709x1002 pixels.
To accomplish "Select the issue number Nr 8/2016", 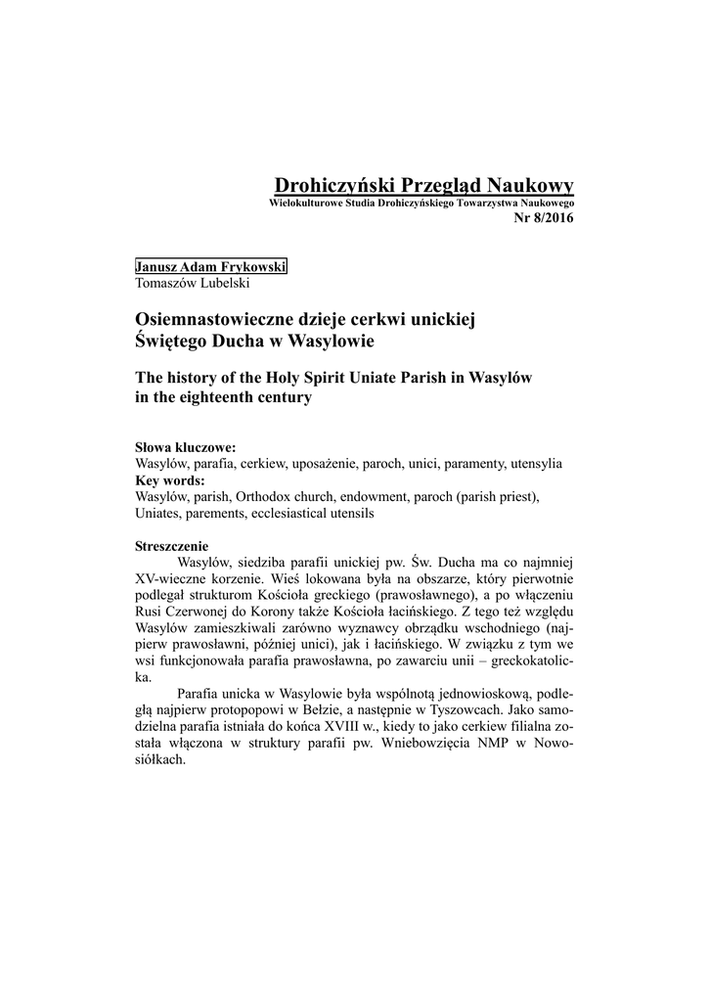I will point(544,216).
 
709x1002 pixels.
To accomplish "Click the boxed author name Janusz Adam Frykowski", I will point(211,267).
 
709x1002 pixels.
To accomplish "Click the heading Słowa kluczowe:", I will point(185,447).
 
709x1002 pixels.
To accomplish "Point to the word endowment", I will point(380,497).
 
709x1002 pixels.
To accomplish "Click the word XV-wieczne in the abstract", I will point(169,579).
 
